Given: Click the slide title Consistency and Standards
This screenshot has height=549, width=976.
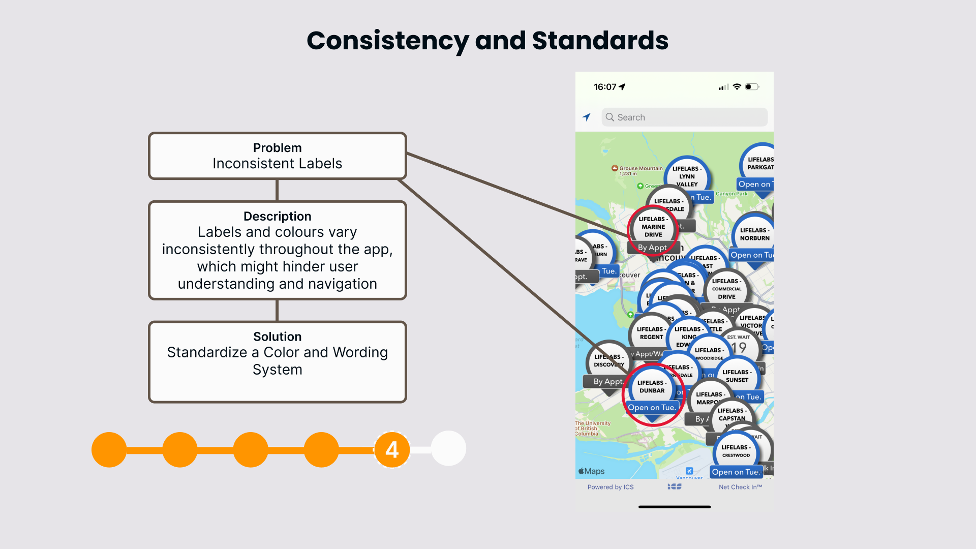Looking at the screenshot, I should (487, 41).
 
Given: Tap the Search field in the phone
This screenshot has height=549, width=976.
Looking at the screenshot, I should (684, 117).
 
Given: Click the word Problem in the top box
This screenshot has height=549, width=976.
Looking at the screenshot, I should (277, 148).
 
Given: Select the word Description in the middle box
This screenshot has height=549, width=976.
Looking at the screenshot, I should (277, 217).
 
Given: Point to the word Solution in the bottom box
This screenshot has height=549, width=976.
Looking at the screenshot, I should (277, 337).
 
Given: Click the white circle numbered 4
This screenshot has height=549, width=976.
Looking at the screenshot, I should (392, 449).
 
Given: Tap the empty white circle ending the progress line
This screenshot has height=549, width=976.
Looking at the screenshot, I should (448, 448).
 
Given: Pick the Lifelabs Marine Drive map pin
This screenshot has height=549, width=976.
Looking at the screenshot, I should (653, 227).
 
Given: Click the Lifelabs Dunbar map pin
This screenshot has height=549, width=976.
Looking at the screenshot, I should (652, 387).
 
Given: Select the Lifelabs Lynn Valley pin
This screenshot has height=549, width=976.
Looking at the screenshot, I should (687, 176).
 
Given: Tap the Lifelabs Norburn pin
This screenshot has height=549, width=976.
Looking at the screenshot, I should (754, 234).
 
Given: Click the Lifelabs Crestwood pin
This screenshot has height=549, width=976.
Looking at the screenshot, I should (736, 451).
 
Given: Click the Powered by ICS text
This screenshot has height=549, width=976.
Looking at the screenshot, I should (611, 487).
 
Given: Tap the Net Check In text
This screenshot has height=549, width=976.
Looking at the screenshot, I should (740, 487).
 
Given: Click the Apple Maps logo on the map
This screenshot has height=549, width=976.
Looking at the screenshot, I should (591, 471).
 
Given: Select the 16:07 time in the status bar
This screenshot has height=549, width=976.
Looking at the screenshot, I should (605, 87).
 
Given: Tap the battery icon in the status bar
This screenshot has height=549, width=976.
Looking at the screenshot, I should (752, 87).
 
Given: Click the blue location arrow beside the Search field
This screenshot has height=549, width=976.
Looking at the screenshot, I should (587, 117).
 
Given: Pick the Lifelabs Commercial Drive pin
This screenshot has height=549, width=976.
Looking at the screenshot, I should (726, 289).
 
